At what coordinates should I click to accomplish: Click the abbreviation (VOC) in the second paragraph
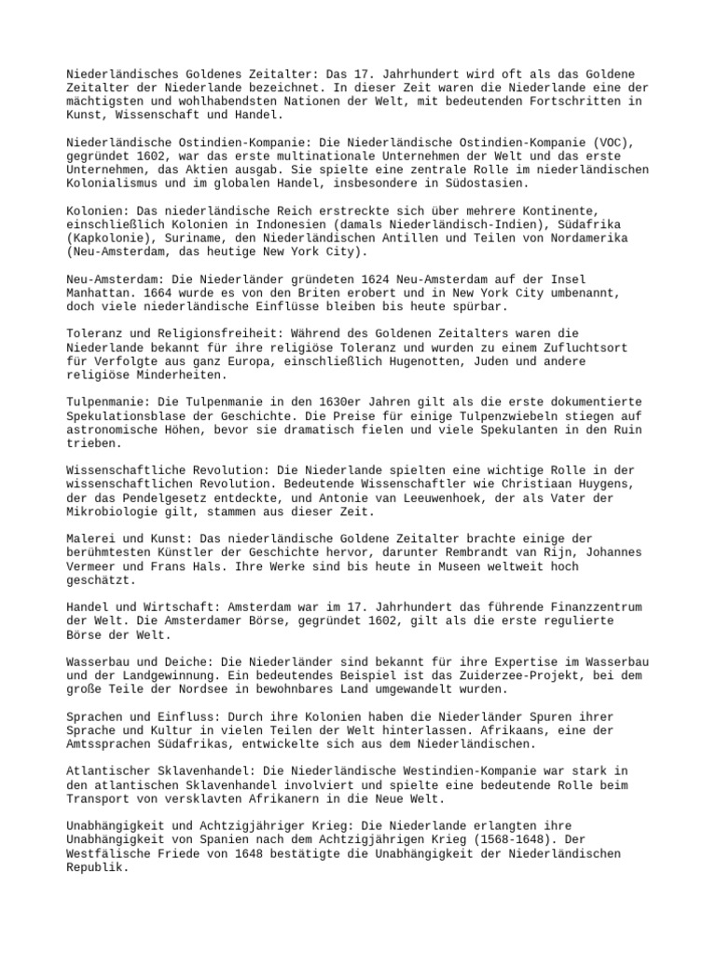(x=615, y=143)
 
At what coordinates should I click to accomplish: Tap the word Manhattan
(x=101, y=293)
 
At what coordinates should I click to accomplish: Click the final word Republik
(x=97, y=866)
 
